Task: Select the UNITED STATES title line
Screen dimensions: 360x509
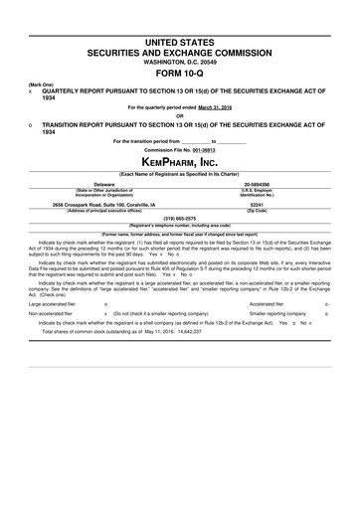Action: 180,35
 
